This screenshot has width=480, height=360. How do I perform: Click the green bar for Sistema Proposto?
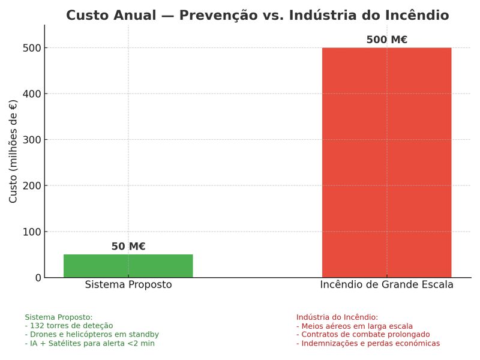tap(128, 266)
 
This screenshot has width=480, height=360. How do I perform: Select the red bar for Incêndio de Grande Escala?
tap(386, 162)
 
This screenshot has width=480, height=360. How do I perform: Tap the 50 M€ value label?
tap(128, 247)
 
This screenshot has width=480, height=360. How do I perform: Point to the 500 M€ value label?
tap(386, 40)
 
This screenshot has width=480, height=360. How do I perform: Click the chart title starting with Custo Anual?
tap(257, 16)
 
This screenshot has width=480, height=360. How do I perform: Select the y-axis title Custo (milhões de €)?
tap(13, 151)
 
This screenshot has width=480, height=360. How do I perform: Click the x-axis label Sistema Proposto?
tap(128, 285)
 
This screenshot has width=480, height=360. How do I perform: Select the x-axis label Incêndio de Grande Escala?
tap(386, 285)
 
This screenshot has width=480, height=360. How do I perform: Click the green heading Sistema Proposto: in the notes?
tap(59, 317)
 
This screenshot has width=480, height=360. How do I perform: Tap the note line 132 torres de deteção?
tap(68, 326)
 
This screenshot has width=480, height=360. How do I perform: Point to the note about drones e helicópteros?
tap(92, 334)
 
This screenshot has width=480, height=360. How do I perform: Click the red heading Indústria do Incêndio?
tap(337, 317)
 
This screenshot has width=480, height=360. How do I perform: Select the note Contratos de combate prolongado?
tap(363, 334)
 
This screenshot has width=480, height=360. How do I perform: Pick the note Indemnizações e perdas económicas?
tap(368, 343)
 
